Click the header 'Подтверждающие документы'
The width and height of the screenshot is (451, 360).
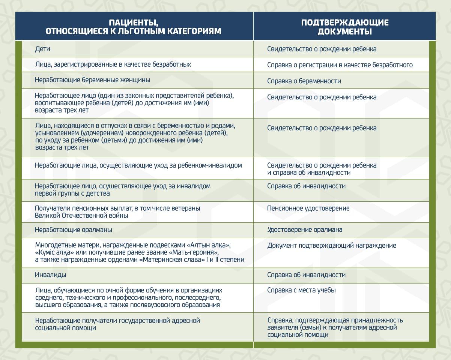344,27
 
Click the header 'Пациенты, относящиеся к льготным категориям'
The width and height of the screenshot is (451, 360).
134,27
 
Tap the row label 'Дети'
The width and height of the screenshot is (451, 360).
42,49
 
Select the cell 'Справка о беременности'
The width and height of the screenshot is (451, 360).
304,81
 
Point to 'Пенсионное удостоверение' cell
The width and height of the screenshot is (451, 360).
308,208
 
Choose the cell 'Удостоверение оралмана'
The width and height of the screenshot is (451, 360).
305,229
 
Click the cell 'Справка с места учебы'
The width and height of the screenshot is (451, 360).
301,290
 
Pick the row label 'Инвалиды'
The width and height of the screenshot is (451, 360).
51,275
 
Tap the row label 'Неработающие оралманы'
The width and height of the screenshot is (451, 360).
74,229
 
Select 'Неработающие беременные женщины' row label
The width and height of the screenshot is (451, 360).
93,80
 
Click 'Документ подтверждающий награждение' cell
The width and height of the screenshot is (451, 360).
332,246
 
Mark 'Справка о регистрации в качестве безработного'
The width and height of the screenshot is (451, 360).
340,65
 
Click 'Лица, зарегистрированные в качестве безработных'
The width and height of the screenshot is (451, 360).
113,64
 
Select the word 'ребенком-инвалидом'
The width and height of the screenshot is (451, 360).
212,165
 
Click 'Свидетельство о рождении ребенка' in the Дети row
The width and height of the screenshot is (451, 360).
322,49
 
